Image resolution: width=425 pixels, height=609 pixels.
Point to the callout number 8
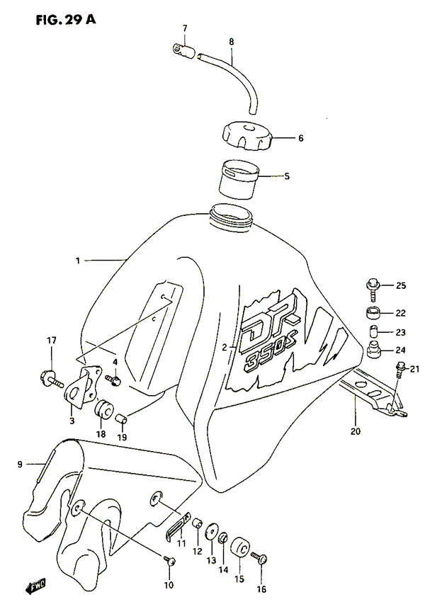[231, 42]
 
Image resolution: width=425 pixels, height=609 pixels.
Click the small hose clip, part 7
[182, 49]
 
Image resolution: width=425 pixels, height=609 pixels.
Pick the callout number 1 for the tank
[78, 261]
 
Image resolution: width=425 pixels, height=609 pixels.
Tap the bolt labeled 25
[374, 286]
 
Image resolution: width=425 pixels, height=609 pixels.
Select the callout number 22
[400, 312]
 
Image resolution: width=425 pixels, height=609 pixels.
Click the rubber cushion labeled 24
[375, 350]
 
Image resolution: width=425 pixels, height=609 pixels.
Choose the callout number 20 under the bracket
[355, 429]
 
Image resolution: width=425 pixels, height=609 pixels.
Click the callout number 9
[20, 465]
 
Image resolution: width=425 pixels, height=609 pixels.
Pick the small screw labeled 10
[170, 561]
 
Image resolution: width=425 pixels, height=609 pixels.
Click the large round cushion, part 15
[238, 547]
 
